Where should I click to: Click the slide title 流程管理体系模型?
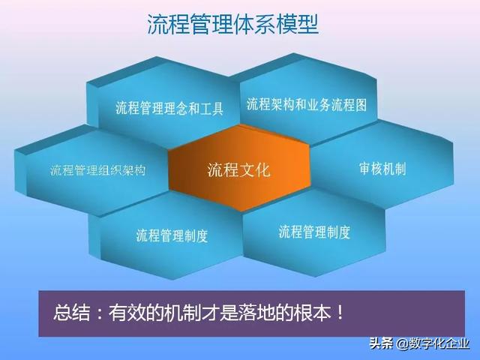[x=232, y=25]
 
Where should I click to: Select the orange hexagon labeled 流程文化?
[x=238, y=169]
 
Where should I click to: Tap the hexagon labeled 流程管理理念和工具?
[x=169, y=108]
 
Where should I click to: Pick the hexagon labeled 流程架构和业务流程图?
[x=307, y=104]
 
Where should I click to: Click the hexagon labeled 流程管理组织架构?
[x=97, y=170]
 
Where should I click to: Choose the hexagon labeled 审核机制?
[x=382, y=169]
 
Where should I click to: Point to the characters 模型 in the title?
[x=301, y=25]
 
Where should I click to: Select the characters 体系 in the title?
[x=256, y=25]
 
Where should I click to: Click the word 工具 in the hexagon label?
[x=211, y=108]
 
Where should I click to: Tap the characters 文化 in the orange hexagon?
[x=256, y=169]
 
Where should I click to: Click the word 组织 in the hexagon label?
[x=109, y=170]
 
